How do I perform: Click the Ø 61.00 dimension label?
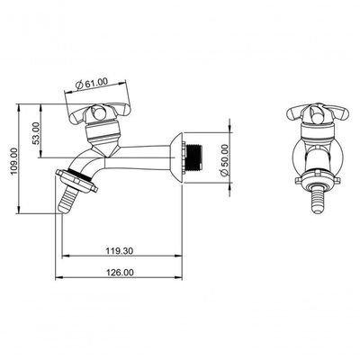click(92, 83)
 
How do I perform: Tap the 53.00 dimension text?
click(36, 133)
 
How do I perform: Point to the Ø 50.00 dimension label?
click(225, 160)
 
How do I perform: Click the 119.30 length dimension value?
click(120, 250)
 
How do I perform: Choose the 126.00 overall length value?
click(120, 273)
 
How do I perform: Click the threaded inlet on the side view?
click(193, 158)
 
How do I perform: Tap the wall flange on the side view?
click(176, 158)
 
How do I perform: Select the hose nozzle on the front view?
click(318, 201)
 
